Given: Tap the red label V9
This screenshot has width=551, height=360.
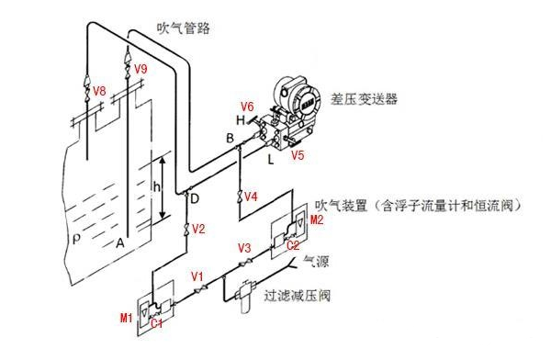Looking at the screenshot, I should point(141,70).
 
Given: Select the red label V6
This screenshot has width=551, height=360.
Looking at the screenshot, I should point(247,106).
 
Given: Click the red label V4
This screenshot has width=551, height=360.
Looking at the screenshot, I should point(252,197).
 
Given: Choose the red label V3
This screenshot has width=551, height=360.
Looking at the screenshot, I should point(244,248).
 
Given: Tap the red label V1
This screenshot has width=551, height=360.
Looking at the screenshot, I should point(197,276).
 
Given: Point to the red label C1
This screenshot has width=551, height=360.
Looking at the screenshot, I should point(157,323).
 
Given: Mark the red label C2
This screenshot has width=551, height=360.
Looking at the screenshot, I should point(293,245).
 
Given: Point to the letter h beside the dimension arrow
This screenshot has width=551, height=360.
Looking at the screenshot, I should point(156,187).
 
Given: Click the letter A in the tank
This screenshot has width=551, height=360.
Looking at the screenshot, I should point(119,244).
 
